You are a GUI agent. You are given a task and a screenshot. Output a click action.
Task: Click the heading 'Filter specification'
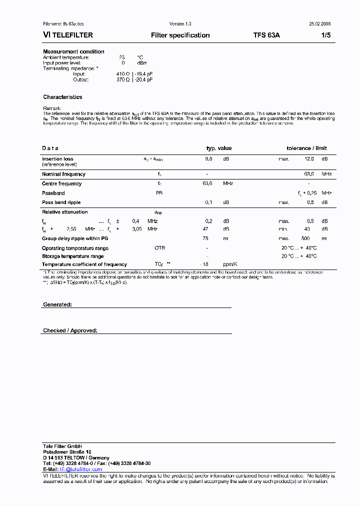coord(180,35)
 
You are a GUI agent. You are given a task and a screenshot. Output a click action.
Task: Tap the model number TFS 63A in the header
coord(266,35)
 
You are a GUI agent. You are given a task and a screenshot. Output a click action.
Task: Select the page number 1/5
coord(325,35)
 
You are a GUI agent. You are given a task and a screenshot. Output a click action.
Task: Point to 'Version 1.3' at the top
coord(180,24)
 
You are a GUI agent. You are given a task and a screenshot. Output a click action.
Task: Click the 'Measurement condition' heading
coord(73,51)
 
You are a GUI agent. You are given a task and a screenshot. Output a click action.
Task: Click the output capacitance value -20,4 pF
coord(142,79)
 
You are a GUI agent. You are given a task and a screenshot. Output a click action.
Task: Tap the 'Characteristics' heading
coord(62,97)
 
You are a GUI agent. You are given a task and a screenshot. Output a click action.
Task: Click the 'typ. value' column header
coord(219,148)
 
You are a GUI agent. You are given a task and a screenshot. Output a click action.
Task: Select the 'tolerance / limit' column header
coord(306,148)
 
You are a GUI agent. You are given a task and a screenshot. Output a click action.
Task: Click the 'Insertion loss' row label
coord(57,159)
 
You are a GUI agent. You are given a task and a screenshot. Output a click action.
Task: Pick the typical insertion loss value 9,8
coord(208,159)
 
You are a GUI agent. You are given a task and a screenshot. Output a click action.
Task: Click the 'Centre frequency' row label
coord(61,183)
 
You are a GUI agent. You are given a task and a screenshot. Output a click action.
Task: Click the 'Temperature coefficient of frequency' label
coord(84,264)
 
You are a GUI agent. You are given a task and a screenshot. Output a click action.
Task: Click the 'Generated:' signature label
coord(57,304)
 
